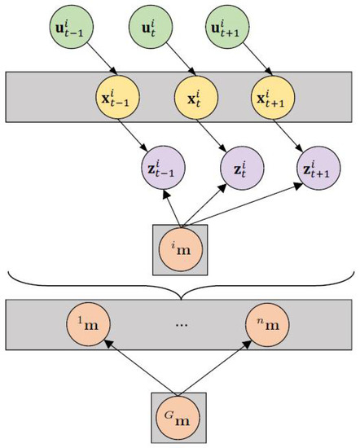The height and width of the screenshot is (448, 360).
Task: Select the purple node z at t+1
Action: [x=317, y=171]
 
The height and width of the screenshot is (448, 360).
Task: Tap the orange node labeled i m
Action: [x=180, y=248]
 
